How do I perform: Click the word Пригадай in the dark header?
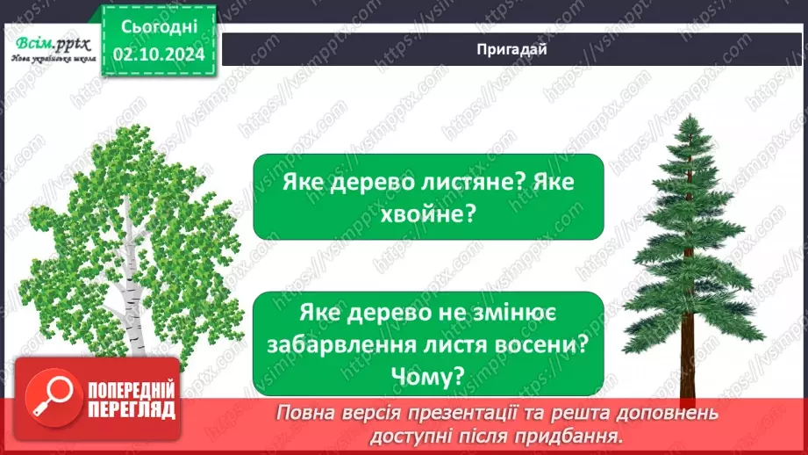pos(513,49)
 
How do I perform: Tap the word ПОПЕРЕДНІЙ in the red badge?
pos(130,389)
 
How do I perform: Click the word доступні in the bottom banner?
pos(419,436)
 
